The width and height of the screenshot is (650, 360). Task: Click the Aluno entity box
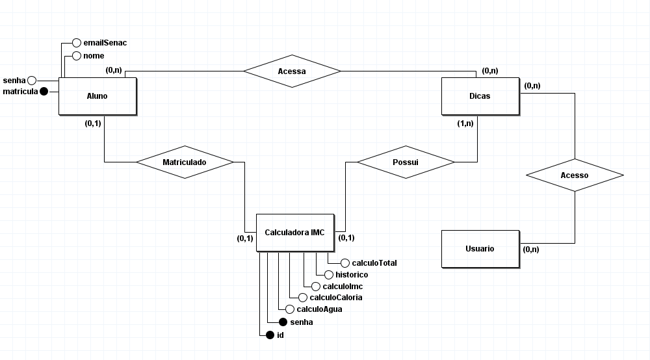coord(97,96)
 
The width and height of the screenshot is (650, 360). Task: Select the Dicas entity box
coord(480,96)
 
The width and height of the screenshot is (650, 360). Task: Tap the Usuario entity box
coord(480,249)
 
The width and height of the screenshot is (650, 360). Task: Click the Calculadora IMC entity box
coord(294,233)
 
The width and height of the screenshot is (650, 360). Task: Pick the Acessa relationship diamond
coord(292,71)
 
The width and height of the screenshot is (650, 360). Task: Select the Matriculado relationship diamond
coord(184,162)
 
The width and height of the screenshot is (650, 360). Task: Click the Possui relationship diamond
coord(406,162)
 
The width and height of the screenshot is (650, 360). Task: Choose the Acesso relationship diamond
coord(574,175)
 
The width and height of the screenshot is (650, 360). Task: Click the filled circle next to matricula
coord(44,92)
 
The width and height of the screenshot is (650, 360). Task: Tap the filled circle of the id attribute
coord(270,335)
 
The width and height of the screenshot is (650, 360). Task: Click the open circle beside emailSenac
coord(76,42)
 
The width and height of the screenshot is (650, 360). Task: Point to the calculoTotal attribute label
coord(374,263)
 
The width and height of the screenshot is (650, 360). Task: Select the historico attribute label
coord(351,275)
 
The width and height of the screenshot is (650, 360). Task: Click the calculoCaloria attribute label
coord(336,298)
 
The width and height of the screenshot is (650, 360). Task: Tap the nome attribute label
coord(94,56)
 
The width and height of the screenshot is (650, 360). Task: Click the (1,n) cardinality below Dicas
coord(465,123)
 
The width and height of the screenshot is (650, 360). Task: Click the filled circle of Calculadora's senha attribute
coord(283,322)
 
